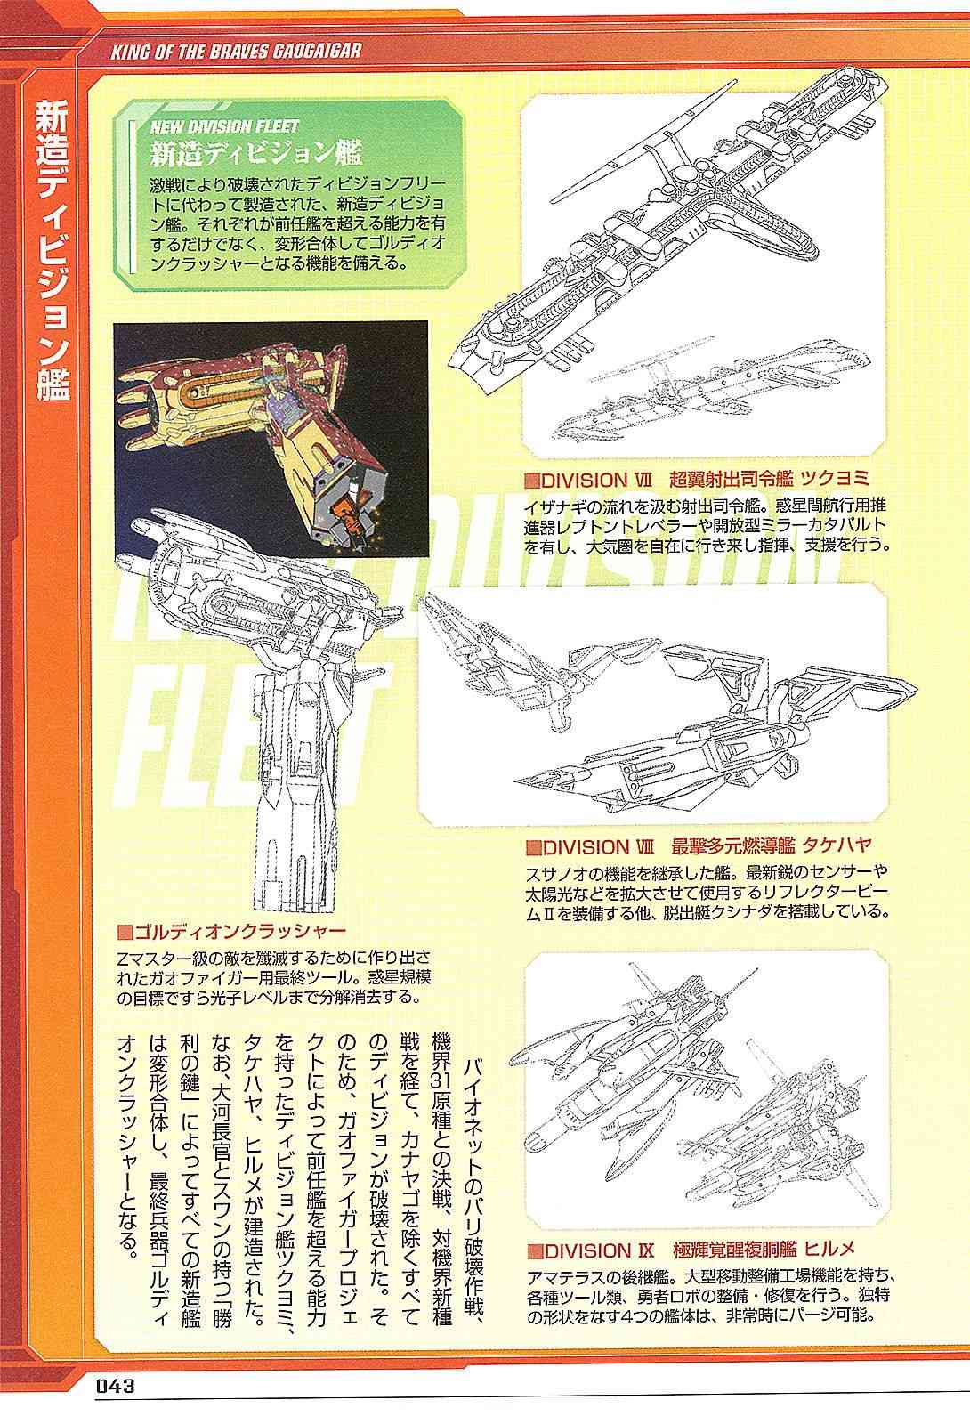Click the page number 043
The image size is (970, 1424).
click(x=115, y=1385)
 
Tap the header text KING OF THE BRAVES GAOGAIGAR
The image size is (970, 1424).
click(x=236, y=52)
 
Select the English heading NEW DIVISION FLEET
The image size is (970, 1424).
click(x=224, y=126)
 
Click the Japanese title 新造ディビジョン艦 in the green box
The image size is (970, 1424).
click(x=256, y=153)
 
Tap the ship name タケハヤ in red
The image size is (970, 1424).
click(x=837, y=845)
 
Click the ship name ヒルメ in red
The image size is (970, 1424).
click(x=829, y=1250)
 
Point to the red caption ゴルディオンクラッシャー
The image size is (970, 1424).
click(x=240, y=932)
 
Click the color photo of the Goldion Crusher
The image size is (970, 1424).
click(x=271, y=439)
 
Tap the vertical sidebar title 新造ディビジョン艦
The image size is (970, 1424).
click(x=53, y=249)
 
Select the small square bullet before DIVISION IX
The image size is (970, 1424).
click(x=535, y=1251)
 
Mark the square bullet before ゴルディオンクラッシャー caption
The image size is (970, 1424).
click(x=125, y=933)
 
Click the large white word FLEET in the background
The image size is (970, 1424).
click(x=255, y=731)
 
